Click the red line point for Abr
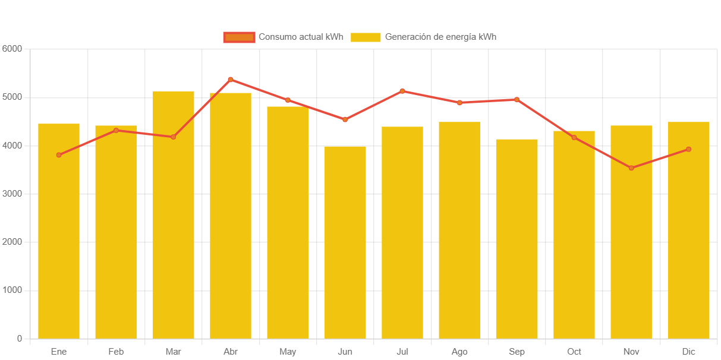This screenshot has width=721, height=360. [x=231, y=79]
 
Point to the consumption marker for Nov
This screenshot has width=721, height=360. [x=631, y=168]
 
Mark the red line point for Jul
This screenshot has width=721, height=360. [x=402, y=91]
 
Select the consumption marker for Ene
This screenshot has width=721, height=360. [x=59, y=155]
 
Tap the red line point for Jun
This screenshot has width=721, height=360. [x=345, y=119]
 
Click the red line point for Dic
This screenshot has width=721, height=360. [x=688, y=149]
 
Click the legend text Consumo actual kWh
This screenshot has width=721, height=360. [x=301, y=37]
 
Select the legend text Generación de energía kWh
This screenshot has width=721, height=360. [x=440, y=37]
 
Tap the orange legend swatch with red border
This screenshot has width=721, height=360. [x=239, y=37]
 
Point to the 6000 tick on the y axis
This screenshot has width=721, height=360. [x=12, y=48]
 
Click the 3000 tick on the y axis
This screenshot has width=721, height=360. [x=12, y=194]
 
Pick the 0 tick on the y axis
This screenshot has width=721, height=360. [x=20, y=339]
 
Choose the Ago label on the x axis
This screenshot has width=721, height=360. [x=459, y=352]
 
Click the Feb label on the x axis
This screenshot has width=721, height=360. [x=116, y=352]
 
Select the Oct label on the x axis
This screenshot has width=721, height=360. [x=574, y=352]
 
